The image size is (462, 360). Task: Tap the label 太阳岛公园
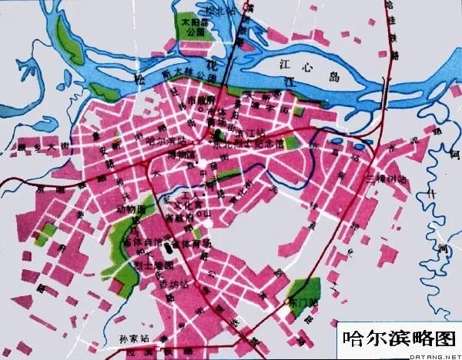coord(190,28)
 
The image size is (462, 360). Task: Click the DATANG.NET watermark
coord(436,355)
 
